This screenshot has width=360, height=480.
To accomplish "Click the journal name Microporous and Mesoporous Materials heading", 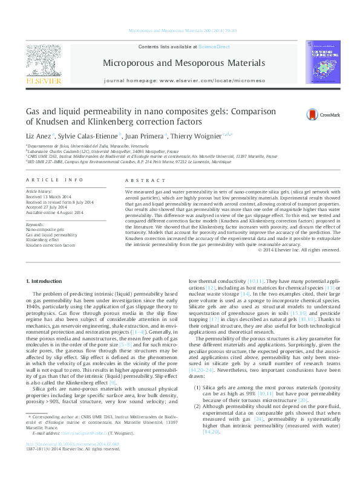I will point(184,63).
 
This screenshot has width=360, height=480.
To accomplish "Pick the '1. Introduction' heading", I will point(46,281).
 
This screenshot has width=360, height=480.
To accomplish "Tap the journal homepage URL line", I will point(183,80).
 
